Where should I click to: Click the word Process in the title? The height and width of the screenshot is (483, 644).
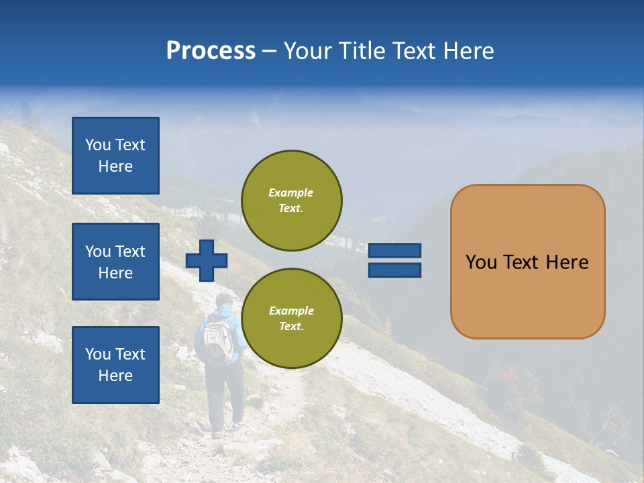(211, 51)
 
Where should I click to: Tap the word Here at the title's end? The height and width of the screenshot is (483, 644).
(466, 51)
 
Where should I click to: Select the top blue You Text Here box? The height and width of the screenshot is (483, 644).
(115, 156)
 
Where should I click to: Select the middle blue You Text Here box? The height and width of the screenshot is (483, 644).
(115, 262)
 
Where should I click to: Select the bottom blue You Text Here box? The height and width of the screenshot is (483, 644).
(115, 365)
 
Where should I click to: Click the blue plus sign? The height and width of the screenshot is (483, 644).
(207, 260)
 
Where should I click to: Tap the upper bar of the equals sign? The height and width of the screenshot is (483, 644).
(394, 250)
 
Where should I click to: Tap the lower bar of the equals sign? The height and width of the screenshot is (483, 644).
(394, 270)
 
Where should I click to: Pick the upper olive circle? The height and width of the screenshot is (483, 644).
(292, 201)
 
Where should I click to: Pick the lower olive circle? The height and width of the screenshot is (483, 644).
(292, 319)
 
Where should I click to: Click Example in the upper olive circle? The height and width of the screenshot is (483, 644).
(290, 193)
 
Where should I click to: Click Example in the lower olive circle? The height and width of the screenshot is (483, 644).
(291, 311)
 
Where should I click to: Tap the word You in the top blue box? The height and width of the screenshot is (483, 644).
(98, 145)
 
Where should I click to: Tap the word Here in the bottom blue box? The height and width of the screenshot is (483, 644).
(115, 376)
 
